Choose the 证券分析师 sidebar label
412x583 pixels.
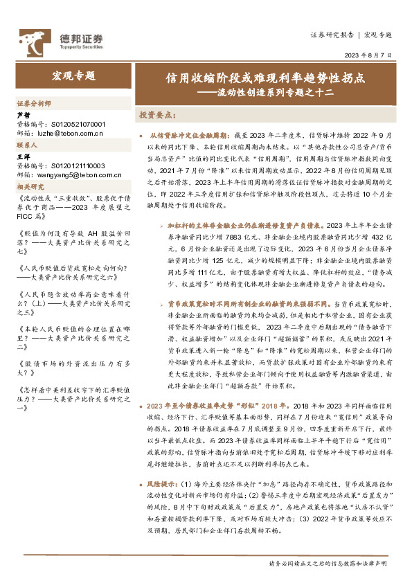pyautogui.click(x=34, y=103)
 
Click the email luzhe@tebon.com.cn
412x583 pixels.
pyautogui.click(x=71, y=132)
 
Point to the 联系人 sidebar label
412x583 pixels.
pyautogui.click(x=28, y=146)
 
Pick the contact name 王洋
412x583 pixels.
pyautogui.click(x=23, y=157)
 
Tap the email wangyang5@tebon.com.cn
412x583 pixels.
pyautogui.click(x=76, y=175)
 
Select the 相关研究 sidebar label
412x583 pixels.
pyautogui.click(x=31, y=186)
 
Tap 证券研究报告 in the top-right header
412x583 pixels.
pyautogui.click(x=332, y=35)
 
